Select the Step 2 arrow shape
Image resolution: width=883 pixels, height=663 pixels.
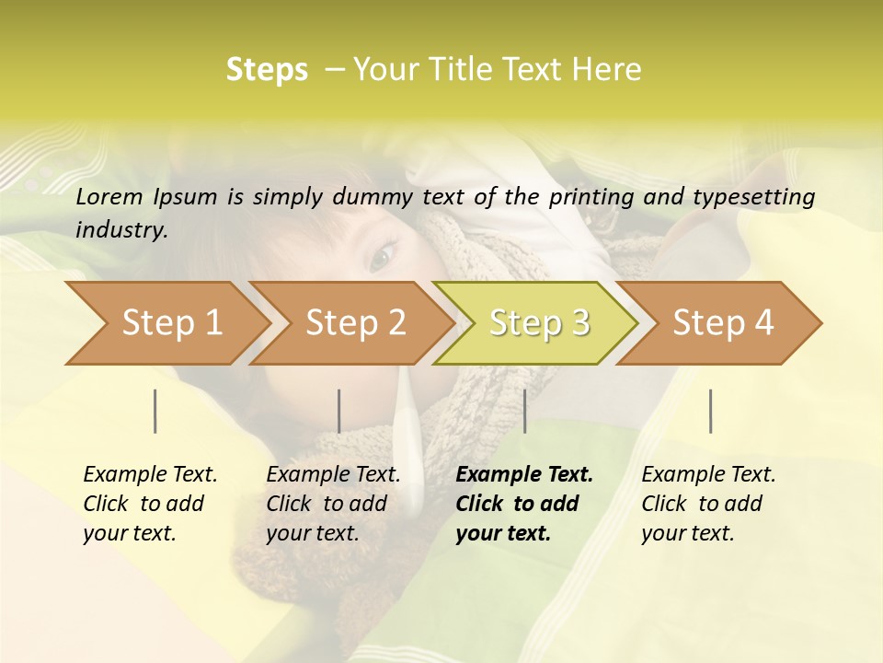click(354, 322)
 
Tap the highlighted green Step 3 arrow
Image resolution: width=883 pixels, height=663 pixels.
click(538, 322)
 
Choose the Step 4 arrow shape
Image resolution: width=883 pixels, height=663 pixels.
click(722, 322)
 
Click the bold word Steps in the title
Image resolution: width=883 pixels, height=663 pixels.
click(267, 70)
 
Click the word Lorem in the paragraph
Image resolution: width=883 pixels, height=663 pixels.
click(108, 196)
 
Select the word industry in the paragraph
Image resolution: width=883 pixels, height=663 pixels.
click(120, 229)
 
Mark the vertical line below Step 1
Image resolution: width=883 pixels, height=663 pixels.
click(155, 411)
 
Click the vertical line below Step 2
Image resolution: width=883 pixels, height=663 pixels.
click(339, 411)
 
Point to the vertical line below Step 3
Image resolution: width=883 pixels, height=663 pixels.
click(524, 411)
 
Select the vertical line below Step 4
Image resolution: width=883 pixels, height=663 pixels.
click(710, 411)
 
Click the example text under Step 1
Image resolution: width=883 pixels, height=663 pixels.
click(150, 504)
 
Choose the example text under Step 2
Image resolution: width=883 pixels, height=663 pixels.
click(333, 504)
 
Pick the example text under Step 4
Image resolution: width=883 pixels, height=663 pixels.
click(708, 504)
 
